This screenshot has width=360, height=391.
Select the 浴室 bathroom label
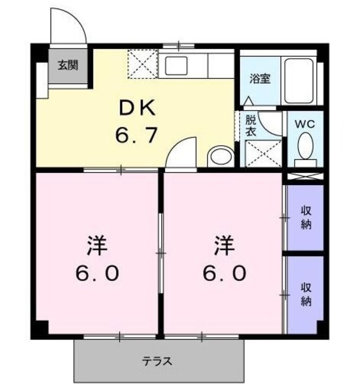[260, 79]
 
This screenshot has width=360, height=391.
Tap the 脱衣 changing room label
[251, 125]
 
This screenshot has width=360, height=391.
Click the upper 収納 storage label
[306, 217]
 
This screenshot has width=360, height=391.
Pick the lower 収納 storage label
[306, 294]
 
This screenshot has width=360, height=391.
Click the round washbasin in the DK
[217, 156]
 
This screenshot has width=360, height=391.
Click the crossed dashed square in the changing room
[262, 153]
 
